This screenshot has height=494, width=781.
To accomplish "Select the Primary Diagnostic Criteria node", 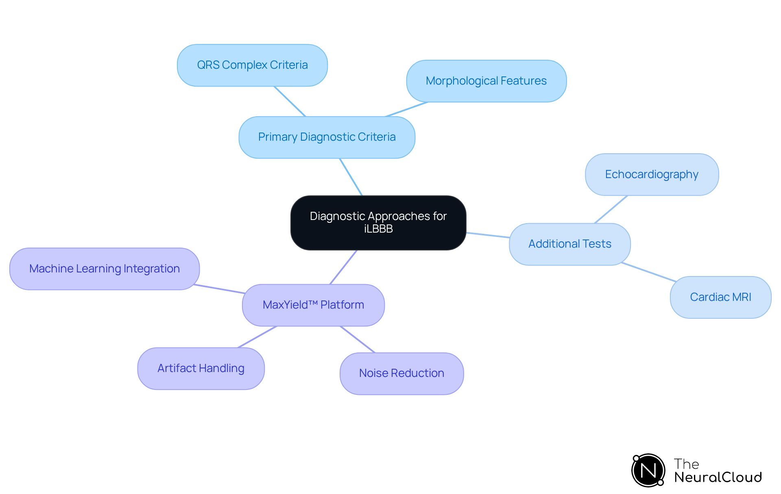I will [327, 137].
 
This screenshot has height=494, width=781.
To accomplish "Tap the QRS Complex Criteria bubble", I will [252, 65].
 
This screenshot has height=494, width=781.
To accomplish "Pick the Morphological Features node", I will [486, 81].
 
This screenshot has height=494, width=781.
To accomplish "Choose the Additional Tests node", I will [569, 244].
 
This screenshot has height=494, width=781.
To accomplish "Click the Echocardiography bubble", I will [652, 174].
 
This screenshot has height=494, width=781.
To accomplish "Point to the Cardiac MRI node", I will [720, 297].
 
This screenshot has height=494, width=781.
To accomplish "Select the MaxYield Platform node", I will [313, 305].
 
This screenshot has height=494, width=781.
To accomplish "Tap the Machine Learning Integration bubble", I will [105, 269].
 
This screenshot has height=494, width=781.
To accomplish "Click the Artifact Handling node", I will [201, 368].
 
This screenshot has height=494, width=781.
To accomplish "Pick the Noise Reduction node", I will [401, 373].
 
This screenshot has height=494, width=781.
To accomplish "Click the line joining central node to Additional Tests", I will [488, 235].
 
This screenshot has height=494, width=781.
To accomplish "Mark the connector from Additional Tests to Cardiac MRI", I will [649, 272].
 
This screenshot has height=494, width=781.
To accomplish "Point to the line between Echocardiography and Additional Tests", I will [611, 209].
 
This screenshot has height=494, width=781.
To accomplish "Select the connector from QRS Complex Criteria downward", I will [290, 101].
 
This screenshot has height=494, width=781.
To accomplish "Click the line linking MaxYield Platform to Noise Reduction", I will [358, 339].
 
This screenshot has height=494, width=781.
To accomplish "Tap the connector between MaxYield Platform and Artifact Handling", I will [257, 337].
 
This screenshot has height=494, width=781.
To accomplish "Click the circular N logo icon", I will [648, 470].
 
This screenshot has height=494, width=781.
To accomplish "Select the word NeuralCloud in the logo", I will [718, 477].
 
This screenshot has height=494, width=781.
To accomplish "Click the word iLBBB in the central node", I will [378, 229].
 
